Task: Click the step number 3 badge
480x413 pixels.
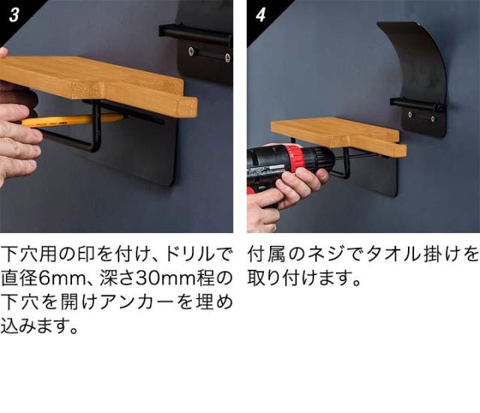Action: pos(13,15)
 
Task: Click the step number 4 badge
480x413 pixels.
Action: pos(260,15)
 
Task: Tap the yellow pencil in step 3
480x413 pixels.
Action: pos(73,119)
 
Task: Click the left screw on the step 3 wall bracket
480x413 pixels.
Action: pos(191,50)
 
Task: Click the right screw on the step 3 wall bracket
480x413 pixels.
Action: pos(227,57)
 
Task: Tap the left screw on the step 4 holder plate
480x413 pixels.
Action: pos(410,115)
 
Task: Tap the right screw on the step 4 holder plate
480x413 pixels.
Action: pos(433,118)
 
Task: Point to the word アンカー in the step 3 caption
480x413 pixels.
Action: pos(137,302)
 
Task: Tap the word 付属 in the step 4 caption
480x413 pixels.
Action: pos(266,254)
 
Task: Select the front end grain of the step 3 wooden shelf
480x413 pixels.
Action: pos(187,107)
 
